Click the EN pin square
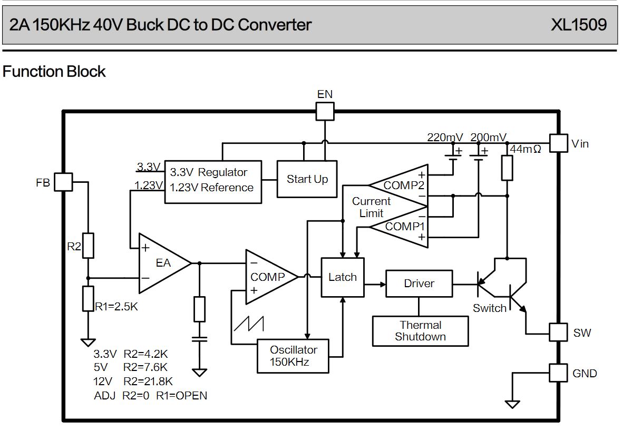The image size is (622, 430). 325,111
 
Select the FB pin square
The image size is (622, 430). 64,182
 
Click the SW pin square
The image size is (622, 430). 559,332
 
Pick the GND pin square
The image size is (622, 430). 559,373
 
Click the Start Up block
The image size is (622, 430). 307,179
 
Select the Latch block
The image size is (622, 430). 343,277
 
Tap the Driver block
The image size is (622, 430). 419,284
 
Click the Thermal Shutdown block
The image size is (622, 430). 420,331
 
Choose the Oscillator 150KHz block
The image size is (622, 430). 294,356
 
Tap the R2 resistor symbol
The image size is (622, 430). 89,245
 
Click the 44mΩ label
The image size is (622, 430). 526,149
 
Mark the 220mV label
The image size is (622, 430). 445,138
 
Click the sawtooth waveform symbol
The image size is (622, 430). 249,323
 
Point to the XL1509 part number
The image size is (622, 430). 579,25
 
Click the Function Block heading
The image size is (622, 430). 54,72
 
